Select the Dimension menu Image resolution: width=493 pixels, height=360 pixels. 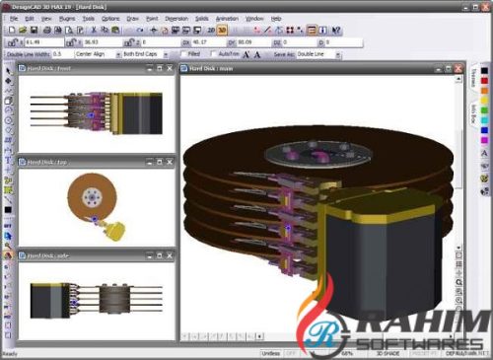coord(176,18)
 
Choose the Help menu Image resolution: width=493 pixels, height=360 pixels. coord(276,18)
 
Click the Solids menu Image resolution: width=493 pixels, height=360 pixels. coord(201,18)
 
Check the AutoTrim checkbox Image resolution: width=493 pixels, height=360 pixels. coord(212,53)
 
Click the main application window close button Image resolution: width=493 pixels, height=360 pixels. coord(484,6)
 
